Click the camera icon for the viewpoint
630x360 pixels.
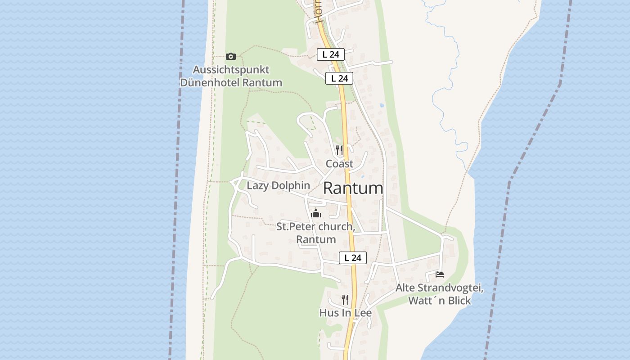point(231,56)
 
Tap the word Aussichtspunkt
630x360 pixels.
point(231,70)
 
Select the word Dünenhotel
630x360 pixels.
point(210,83)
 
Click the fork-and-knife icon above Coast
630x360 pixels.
point(339,150)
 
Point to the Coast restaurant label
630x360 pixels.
point(339,164)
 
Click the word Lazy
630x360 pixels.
point(257,185)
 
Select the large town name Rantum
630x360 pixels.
point(353,189)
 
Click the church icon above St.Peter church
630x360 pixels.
point(316,213)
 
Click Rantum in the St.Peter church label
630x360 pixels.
point(316,239)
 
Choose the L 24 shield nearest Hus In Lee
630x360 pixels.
point(353,258)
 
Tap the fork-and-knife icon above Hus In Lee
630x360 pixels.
point(345,299)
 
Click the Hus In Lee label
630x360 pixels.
point(345,313)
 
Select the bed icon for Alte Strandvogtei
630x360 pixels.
point(440,274)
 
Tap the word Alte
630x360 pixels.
point(405,288)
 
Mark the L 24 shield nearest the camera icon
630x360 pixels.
point(330,54)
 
